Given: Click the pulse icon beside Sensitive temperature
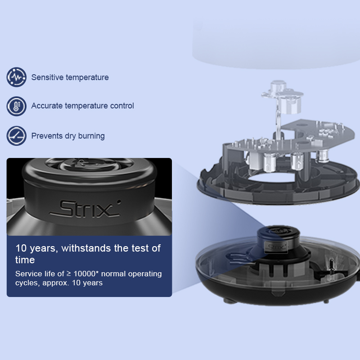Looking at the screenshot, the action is pyautogui.click(x=16, y=77).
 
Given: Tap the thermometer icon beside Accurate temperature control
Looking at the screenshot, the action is pyautogui.click(x=16, y=106).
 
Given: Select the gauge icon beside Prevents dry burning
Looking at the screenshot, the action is pyautogui.click(x=16, y=136).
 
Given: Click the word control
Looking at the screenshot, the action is pyautogui.click(x=122, y=106).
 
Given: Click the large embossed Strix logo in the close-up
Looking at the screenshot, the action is pyautogui.click(x=85, y=209).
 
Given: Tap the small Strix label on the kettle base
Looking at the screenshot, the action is pyautogui.click(x=276, y=247).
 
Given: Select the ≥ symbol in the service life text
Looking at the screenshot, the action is pyautogui.click(x=69, y=274).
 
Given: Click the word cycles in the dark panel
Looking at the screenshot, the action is pyautogui.click(x=26, y=283).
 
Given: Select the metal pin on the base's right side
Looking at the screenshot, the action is pyautogui.click(x=331, y=266).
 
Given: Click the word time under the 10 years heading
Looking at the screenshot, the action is pyautogui.click(x=25, y=260).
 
